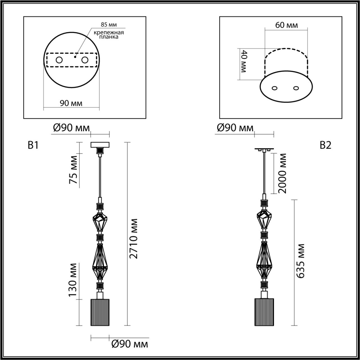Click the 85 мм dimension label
coord(109,25)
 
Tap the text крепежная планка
coord(109,35)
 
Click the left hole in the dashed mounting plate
coord(59,60)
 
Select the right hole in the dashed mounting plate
coord(85,60)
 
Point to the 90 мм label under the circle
coord(71,103)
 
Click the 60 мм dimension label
coord(286,25)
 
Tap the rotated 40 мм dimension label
coord(244,61)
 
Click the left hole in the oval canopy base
coord(275,88)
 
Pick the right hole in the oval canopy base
coord(296,88)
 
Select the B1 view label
coord(33,145)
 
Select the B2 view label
coord(325,145)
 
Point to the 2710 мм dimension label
coord(134,238)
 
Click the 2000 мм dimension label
coord(282,173)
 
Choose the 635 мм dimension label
coord(301,261)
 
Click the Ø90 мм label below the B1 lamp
coord(129,344)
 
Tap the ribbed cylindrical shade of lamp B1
coord(100,312)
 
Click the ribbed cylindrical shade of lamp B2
coord(264,312)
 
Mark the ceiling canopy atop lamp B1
coord(100,145)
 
